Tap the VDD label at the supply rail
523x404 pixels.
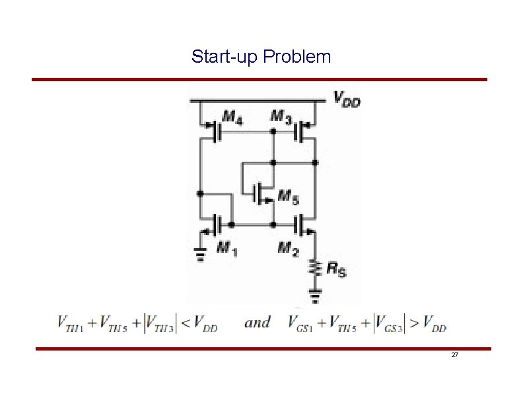click(x=347, y=100)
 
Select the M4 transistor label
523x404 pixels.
click(x=232, y=117)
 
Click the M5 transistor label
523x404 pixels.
click(x=287, y=195)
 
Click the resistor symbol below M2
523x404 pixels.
click(x=316, y=267)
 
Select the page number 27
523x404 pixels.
click(x=455, y=356)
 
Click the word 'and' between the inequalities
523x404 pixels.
click(x=258, y=322)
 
